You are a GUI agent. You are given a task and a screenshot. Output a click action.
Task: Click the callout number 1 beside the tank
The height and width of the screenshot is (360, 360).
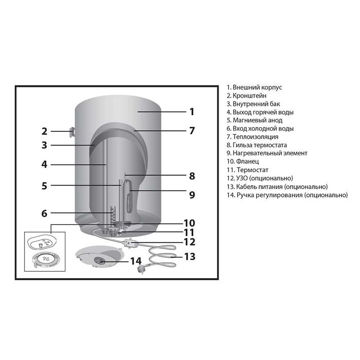(192, 112)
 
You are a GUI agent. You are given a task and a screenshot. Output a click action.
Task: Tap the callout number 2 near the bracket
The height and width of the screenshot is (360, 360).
(44, 131)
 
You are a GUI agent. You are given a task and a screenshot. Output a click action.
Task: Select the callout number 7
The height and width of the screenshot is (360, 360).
(192, 131)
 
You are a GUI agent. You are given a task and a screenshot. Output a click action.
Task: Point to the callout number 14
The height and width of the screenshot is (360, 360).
(136, 261)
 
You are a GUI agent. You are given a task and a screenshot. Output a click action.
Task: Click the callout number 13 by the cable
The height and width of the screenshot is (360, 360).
(190, 257)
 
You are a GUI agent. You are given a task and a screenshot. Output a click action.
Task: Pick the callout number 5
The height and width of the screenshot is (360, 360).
(44, 186)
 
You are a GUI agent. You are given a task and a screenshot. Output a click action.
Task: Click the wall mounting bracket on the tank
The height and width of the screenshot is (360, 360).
(72, 132)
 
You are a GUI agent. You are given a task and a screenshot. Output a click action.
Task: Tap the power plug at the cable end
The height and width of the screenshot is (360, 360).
(140, 269)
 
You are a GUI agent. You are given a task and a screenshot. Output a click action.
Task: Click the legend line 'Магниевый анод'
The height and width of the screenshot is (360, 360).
(255, 120)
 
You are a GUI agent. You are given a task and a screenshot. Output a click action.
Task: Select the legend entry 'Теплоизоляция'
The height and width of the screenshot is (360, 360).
(253, 137)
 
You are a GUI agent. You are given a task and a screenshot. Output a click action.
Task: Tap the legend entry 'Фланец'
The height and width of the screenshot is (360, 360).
(243, 161)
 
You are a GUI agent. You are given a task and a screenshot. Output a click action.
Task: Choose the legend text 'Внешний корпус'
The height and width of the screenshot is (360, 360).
(254, 87)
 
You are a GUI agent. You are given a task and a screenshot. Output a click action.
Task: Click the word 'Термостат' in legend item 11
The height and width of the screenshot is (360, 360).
(253, 170)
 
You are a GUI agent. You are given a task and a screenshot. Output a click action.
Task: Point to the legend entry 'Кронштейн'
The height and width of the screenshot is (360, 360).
(246, 96)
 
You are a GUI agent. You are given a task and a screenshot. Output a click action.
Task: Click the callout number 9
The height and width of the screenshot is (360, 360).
(192, 195)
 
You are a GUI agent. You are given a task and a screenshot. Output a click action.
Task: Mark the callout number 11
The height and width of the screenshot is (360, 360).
(189, 232)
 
